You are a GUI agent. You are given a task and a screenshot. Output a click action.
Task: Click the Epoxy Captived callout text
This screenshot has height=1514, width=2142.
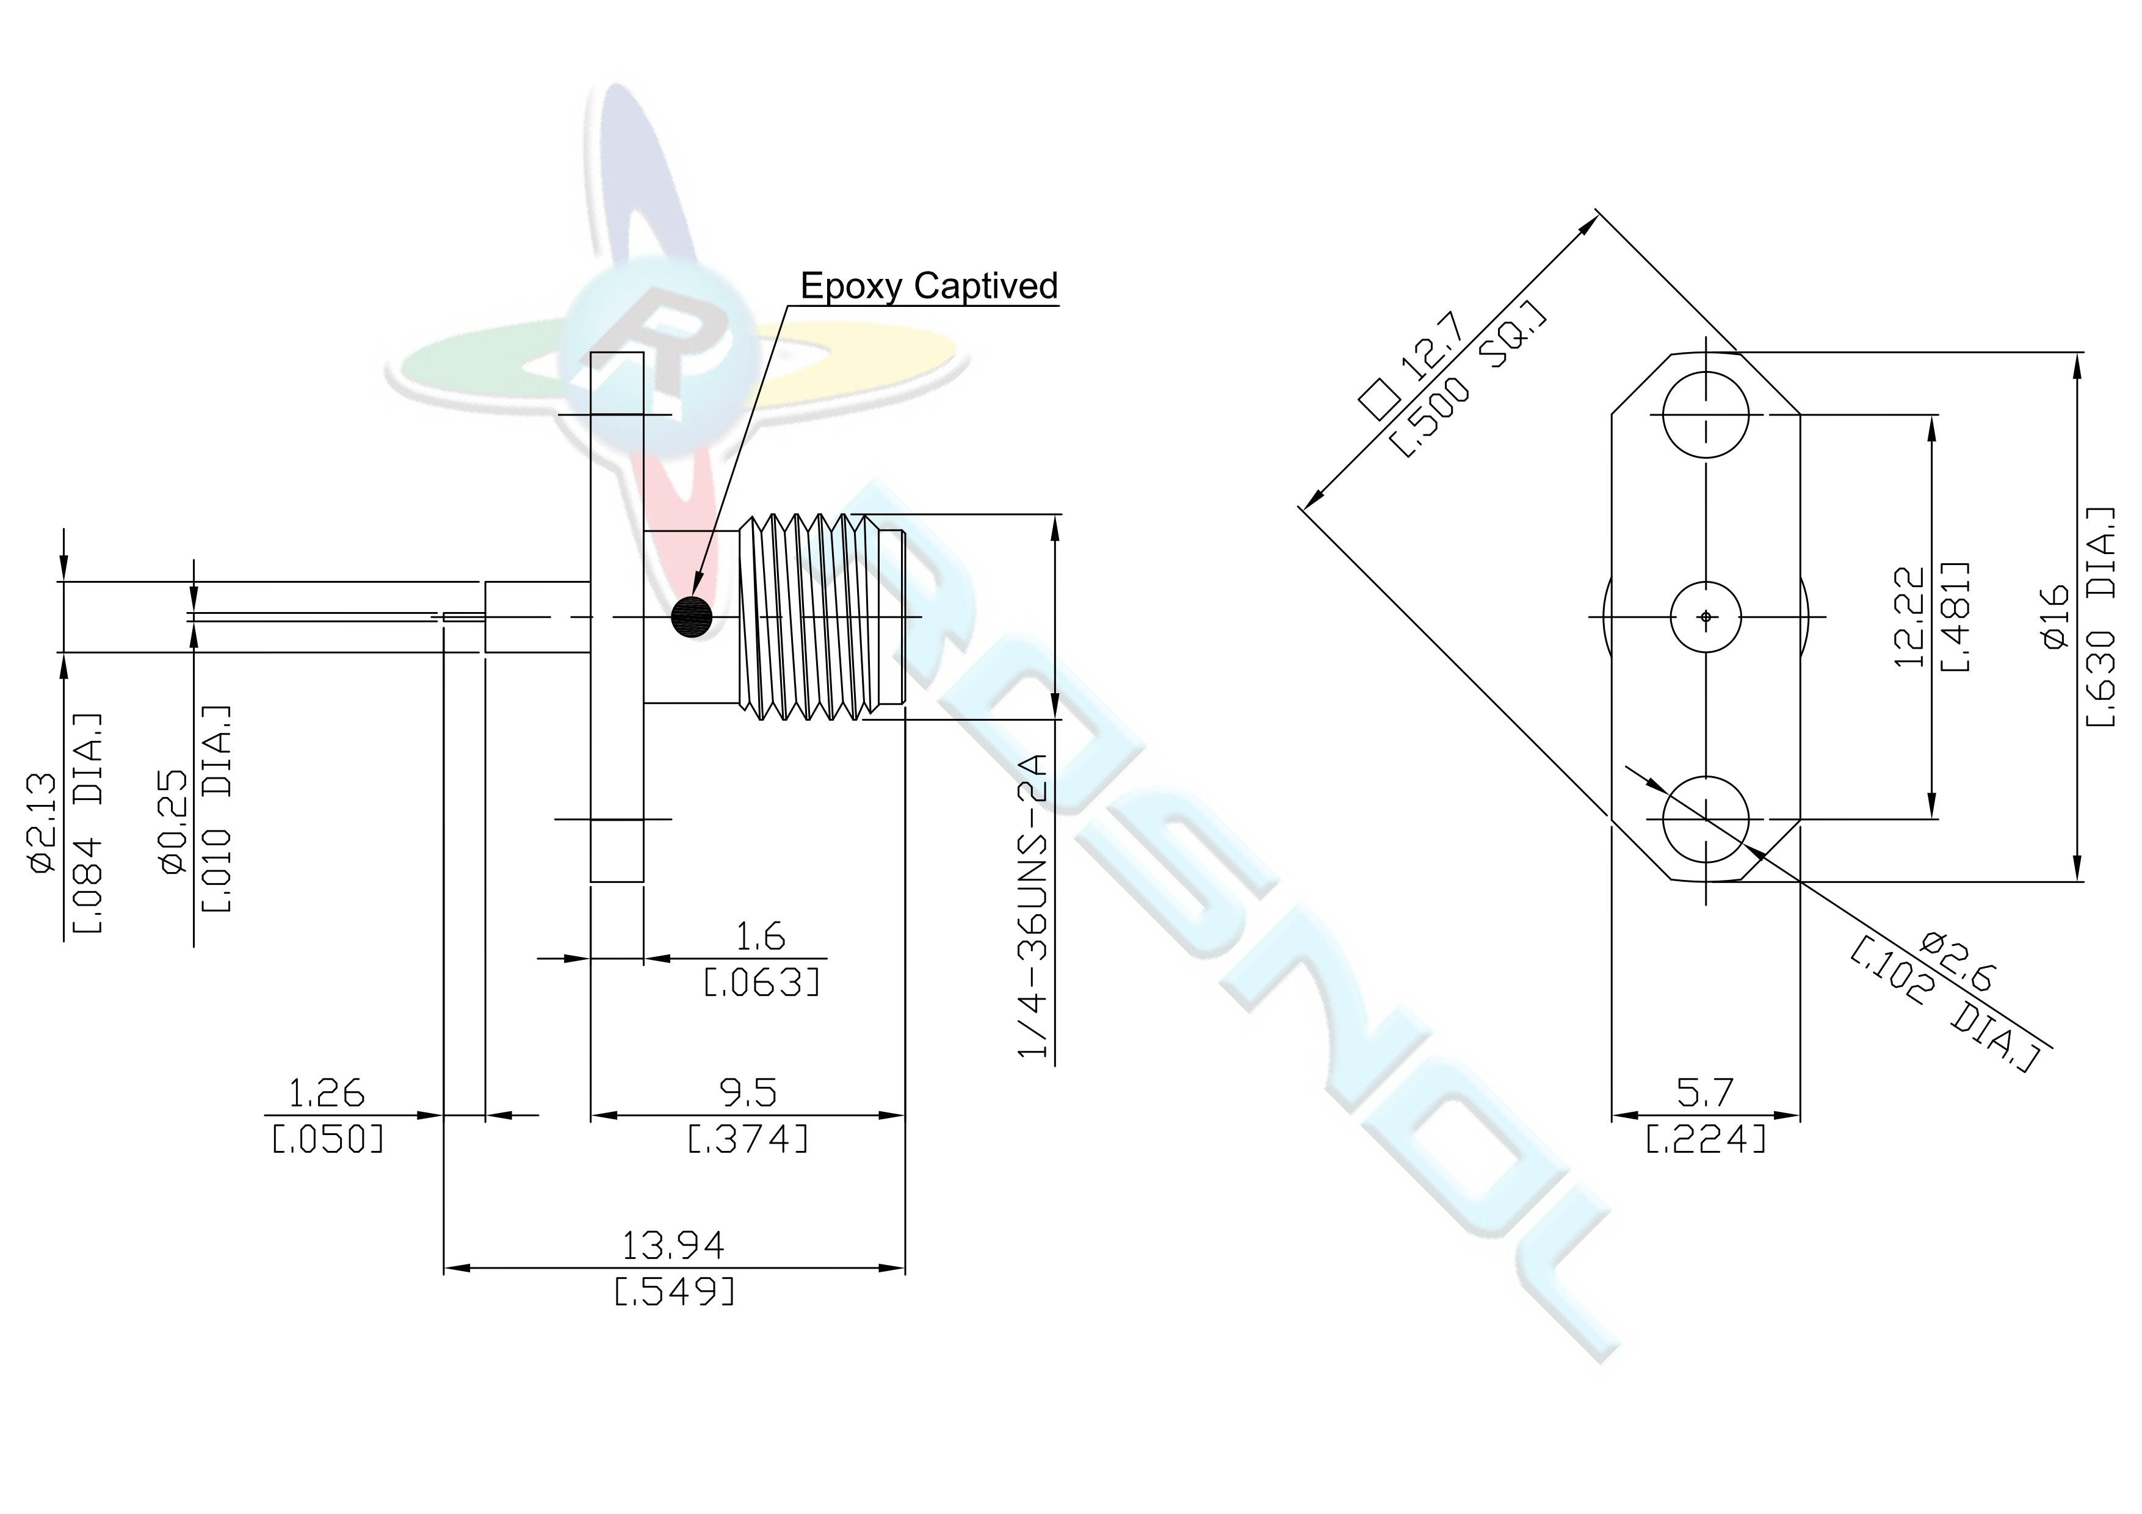coord(929,286)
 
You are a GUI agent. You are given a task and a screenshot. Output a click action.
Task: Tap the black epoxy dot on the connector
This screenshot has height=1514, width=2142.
coord(691,616)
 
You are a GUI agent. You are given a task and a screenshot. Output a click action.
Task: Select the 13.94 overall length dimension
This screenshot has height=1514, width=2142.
coord(673,1244)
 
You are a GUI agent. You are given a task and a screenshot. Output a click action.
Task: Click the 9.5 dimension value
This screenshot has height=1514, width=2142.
coord(748,1092)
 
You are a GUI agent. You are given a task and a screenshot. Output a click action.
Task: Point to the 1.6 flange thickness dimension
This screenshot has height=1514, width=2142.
coord(761,935)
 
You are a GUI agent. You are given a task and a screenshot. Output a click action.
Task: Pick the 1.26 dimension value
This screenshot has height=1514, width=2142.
coord(327,1092)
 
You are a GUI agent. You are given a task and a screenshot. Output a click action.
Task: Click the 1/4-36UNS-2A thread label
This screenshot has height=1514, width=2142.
coord(1033,905)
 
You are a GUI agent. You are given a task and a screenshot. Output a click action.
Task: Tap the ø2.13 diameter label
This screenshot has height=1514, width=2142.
coord(44,824)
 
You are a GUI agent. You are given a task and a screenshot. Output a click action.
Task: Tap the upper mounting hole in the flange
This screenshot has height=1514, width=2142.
coord(1706,414)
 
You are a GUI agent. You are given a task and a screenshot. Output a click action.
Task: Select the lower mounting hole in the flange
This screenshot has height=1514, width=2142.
coord(1706,819)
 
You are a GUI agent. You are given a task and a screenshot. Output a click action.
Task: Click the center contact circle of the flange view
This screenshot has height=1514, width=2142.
coord(1706,616)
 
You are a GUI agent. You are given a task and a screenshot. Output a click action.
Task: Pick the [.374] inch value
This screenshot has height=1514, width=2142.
coord(748,1139)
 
